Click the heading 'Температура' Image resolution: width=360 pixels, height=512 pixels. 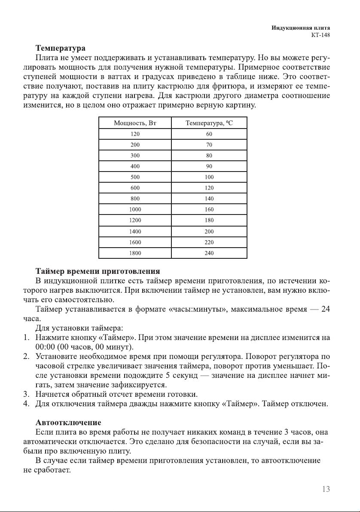tap(60, 48)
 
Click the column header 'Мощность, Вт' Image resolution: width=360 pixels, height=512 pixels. tap(135, 123)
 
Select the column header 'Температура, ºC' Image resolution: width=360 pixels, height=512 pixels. tap(209, 123)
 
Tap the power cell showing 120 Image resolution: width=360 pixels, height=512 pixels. tap(135, 134)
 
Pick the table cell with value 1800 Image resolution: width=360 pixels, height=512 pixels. tap(135, 253)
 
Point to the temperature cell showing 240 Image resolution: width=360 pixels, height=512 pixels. tap(209, 253)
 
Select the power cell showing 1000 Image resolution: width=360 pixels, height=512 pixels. tap(135, 210)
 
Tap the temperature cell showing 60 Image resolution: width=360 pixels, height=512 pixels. tap(209, 134)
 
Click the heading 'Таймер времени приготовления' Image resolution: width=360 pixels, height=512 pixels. tap(98, 272)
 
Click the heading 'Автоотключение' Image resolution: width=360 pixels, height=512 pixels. tap(68, 423)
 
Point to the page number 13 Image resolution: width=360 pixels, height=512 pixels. tap(326, 489)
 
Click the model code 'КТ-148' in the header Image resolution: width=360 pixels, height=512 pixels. tap(320, 35)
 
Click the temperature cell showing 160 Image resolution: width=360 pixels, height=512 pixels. tap(209, 210)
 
